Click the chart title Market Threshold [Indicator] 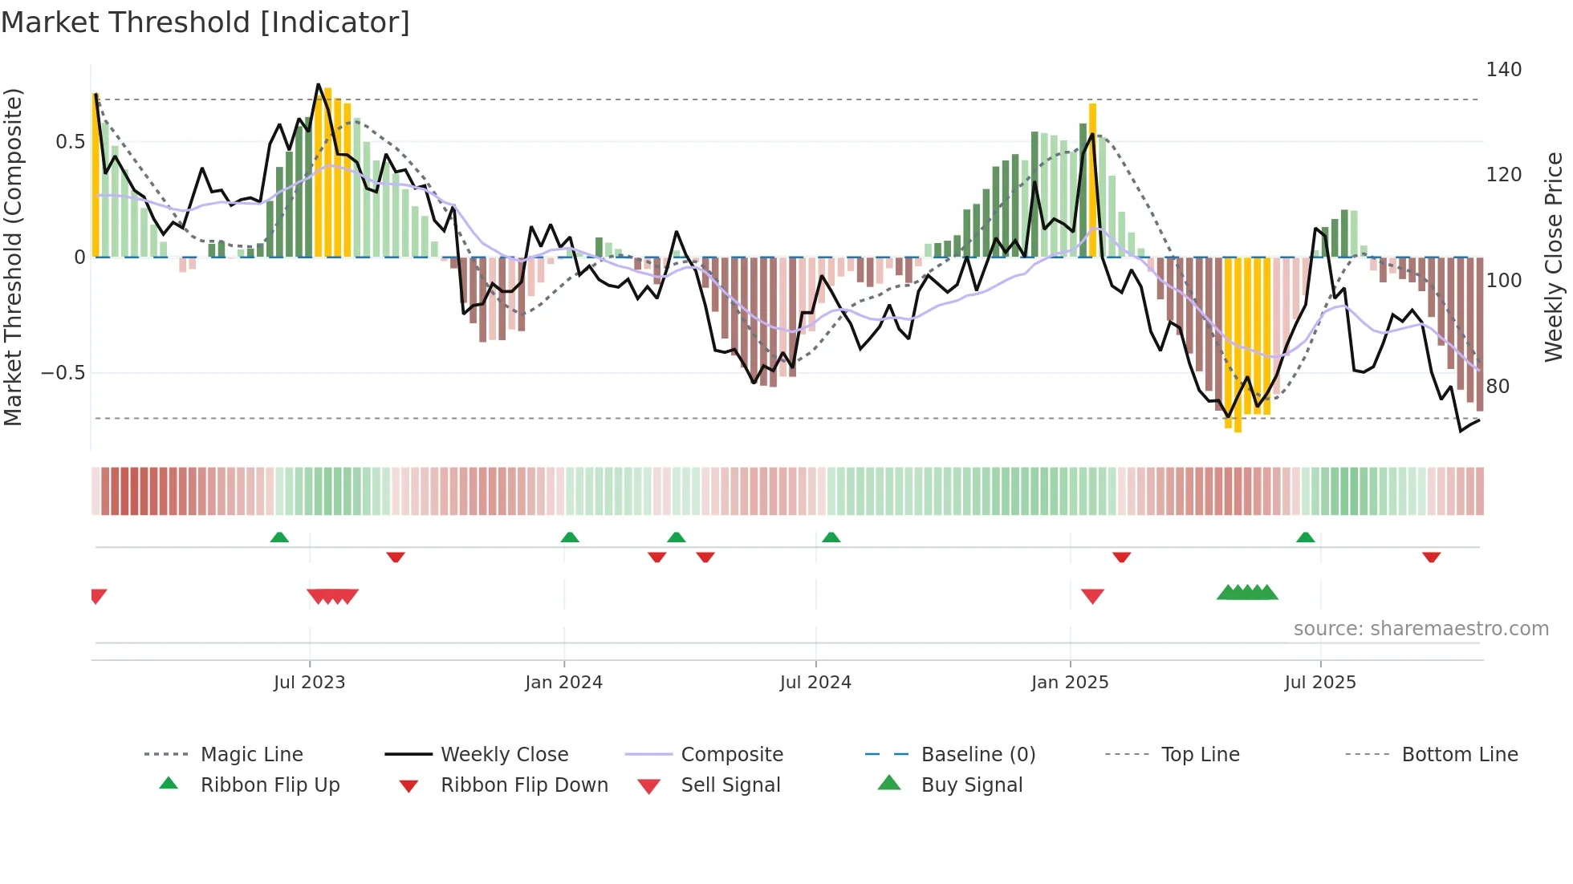(x=205, y=22)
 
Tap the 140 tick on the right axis (x=1503, y=70)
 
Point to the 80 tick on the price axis (x=1498, y=387)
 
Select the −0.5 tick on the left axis (x=63, y=373)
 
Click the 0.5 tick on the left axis (x=70, y=142)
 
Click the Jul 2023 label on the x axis (x=309, y=683)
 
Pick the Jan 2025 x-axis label (x=1070, y=683)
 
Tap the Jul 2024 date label (x=815, y=683)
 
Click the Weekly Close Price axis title (x=1555, y=257)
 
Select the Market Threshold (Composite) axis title (x=13, y=257)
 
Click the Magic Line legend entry (x=251, y=755)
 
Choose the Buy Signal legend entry (x=971, y=785)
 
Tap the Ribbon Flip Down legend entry (x=523, y=785)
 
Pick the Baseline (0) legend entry (x=978, y=755)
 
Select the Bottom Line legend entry (x=1459, y=755)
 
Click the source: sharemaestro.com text (x=1421, y=629)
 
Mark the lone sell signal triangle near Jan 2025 (x=1092, y=596)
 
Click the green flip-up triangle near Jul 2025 (x=1305, y=537)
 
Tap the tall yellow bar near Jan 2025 (x=1092, y=180)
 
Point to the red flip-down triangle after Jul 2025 (x=1431, y=557)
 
